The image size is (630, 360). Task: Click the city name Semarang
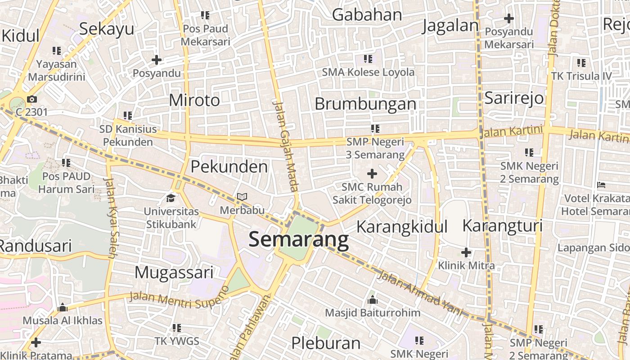click(x=298, y=240)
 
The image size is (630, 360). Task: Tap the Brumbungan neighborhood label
click(x=365, y=104)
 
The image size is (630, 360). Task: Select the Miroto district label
click(x=194, y=100)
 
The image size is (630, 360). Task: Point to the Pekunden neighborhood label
click(x=229, y=167)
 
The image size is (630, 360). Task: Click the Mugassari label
click(x=174, y=272)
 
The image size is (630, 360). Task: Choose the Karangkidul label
click(x=402, y=226)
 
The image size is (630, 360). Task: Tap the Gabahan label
click(x=367, y=15)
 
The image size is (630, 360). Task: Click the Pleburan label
click(x=326, y=343)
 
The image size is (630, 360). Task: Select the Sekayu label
click(x=107, y=28)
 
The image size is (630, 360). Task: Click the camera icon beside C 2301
click(x=31, y=99)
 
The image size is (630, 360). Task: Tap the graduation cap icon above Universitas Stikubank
click(x=171, y=198)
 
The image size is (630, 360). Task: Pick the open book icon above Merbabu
click(x=242, y=197)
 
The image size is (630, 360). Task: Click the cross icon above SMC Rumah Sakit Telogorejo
click(x=372, y=173)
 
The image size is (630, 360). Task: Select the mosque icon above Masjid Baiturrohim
click(x=373, y=300)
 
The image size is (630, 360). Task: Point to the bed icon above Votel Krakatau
click(x=601, y=184)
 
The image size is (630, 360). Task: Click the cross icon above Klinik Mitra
click(x=466, y=252)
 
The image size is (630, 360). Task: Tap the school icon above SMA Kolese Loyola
click(x=368, y=58)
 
